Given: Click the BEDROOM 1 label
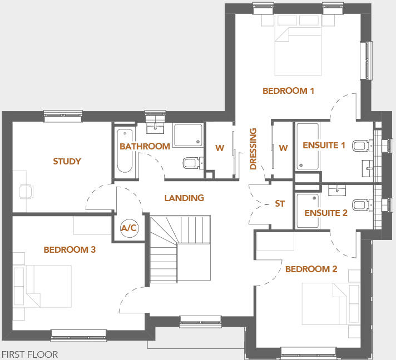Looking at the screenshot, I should tap(288, 91).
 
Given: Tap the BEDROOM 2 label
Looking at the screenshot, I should tap(311, 269).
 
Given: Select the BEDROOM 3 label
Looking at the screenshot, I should tap(70, 250).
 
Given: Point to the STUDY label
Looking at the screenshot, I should tap(67, 162).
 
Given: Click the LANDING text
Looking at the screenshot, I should tap(184, 198).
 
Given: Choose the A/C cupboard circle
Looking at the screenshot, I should tap(128, 228).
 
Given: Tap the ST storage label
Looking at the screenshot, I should tap(280, 204).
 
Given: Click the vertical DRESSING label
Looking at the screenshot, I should tap(254, 149).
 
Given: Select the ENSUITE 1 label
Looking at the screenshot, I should tap(324, 146).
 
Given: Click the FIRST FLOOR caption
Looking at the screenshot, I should tap(29, 354).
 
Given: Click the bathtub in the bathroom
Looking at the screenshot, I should tap(124, 153).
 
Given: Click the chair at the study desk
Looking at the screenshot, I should tap(25, 191).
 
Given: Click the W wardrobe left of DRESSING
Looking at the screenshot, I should tap(220, 148).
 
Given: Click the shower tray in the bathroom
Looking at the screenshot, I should tap(188, 136).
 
